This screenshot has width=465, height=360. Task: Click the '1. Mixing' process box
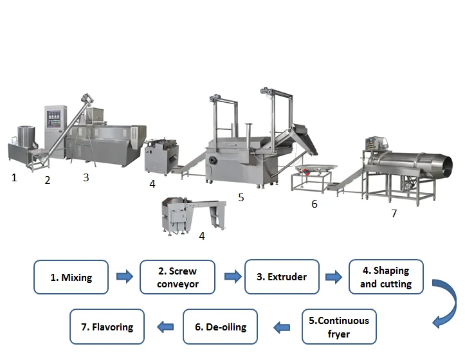coord(71,278)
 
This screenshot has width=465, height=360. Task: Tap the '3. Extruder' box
coord(282,277)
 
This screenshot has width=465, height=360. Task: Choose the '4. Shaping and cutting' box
coord(386,277)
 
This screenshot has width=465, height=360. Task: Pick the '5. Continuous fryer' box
coord(339,327)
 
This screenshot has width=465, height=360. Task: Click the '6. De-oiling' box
coord(221,327)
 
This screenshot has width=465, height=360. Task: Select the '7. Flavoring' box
coord(107,327)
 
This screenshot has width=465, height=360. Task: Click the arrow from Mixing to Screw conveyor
coord(125,278)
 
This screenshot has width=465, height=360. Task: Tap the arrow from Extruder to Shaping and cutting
coord(334,278)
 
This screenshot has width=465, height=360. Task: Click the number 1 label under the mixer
coord(14,177)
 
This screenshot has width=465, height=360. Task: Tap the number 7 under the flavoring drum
coord(394,213)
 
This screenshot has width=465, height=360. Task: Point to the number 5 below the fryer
coord(241,197)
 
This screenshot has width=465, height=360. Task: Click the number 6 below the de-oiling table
coord(314,204)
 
